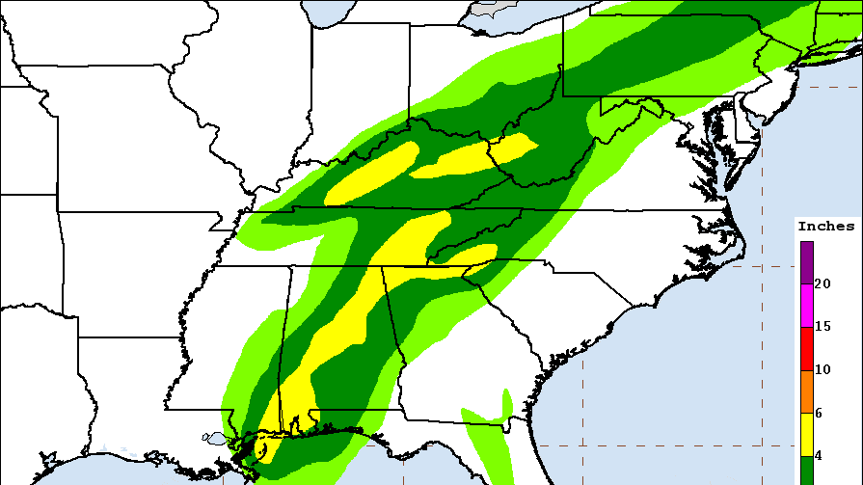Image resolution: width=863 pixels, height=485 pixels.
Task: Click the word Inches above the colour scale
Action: pyautogui.click(x=825, y=227)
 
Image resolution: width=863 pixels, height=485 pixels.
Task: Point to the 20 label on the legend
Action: pyautogui.click(x=823, y=283)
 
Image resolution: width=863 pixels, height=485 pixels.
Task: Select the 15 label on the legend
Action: pyautogui.click(x=823, y=327)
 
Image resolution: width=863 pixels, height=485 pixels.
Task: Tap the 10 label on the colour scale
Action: pyautogui.click(x=823, y=370)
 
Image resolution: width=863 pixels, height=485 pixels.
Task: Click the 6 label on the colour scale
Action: pyautogui.click(x=819, y=413)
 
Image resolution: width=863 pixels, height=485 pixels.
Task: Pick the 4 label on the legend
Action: pyautogui.click(x=819, y=455)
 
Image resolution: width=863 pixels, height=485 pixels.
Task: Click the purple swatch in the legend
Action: pyautogui.click(x=806, y=262)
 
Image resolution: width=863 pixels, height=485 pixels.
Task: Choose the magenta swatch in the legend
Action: pyautogui.click(x=806, y=306)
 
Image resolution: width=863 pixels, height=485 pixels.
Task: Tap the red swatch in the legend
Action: pyautogui.click(x=806, y=348)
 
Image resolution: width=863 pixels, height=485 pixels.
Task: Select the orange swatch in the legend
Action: pyautogui.click(x=806, y=391)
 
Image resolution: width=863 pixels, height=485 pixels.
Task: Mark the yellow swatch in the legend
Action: pyautogui.click(x=806, y=434)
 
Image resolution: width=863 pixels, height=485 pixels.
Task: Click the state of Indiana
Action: pyautogui.click(x=362, y=87)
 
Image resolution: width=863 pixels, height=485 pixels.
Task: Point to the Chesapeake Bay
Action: pyautogui.click(x=718, y=145)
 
